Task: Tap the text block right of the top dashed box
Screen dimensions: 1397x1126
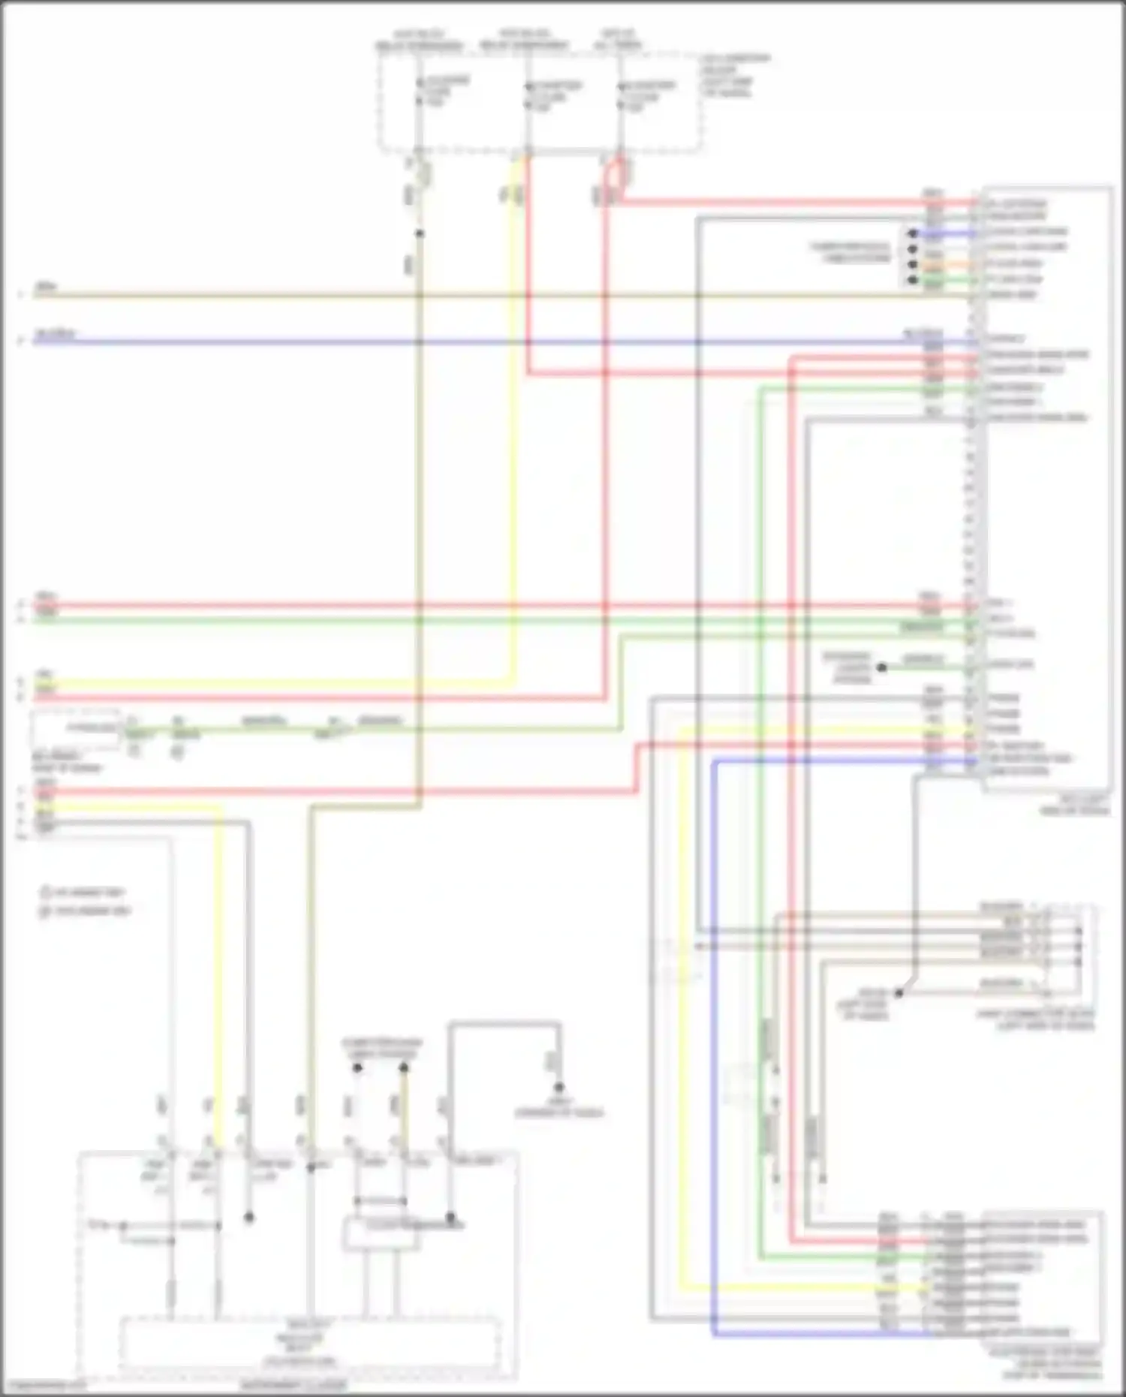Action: point(735,75)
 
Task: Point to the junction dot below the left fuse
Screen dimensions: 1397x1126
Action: point(419,233)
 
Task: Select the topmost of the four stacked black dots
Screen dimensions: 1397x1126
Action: point(913,233)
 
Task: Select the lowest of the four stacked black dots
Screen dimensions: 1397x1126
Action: point(913,280)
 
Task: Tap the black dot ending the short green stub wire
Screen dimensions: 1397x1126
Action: point(882,667)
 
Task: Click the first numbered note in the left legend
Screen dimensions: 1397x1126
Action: point(84,893)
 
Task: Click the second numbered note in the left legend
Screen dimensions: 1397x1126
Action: point(86,911)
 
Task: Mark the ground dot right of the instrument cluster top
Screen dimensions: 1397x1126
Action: point(558,1087)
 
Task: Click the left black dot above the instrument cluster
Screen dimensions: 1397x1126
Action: point(357,1067)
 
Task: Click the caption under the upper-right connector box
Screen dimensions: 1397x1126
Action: point(1073,805)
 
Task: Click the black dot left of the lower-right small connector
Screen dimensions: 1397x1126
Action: point(899,992)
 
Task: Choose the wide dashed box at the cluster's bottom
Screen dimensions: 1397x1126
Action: point(310,1342)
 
